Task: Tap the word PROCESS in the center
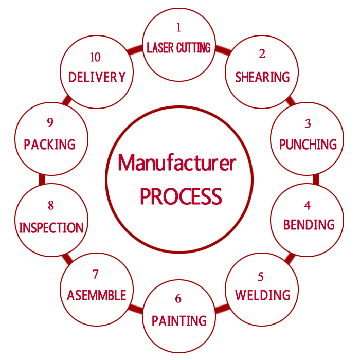tap(181, 196)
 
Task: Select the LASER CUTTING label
tap(178, 48)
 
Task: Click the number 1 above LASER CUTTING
tap(178, 27)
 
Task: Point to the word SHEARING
tap(262, 77)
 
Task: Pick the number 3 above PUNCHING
tap(308, 123)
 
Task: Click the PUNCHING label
tap(308, 145)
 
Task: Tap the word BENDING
tap(309, 225)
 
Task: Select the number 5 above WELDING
tap(261, 277)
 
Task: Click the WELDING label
tap(263, 295)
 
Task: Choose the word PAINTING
tap(179, 321)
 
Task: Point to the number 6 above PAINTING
tap(178, 299)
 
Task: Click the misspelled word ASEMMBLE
tap(96, 295)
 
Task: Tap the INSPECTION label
tap(51, 228)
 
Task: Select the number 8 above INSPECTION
tap(50, 206)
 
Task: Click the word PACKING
tap(49, 145)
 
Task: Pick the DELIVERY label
tap(97, 77)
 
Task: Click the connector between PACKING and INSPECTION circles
tap(42, 179)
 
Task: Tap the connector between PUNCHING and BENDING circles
tap(315, 179)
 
